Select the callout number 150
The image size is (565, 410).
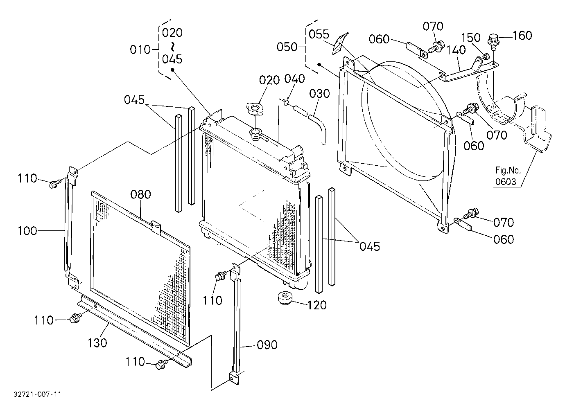click(471, 38)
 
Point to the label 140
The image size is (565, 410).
click(456, 50)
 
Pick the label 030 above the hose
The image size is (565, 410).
click(320, 94)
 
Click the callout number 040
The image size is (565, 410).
click(295, 79)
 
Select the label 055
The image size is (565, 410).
click(319, 34)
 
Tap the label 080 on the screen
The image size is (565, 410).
click(141, 195)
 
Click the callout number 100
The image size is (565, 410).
click(27, 231)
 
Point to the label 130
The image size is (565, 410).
click(97, 343)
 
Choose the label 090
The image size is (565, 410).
click(267, 345)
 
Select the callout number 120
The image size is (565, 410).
click(317, 306)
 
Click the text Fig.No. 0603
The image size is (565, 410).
click(508, 176)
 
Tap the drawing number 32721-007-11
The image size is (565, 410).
click(38, 394)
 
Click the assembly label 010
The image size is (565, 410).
click(140, 50)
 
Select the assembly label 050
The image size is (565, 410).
click(287, 47)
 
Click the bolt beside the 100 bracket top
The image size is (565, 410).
click(54, 184)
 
